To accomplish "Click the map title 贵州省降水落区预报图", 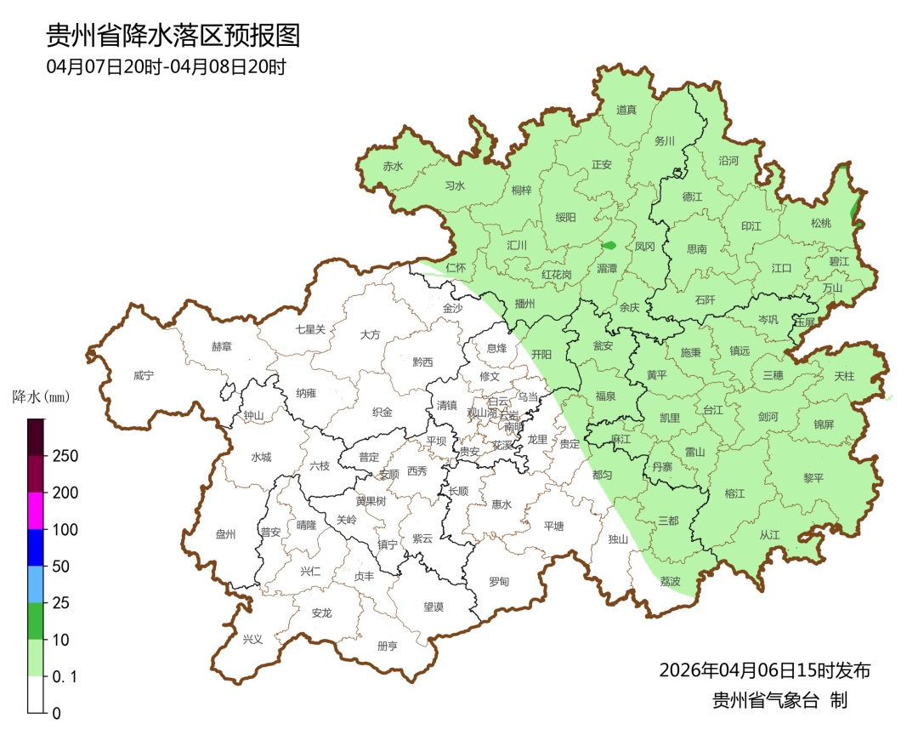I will pyautogui.click(x=173, y=36).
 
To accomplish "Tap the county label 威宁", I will pyautogui.click(x=144, y=375).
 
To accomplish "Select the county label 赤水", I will pyautogui.click(x=393, y=167).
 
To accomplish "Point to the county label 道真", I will pyautogui.click(x=626, y=110).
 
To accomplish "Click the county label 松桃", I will pyautogui.click(x=820, y=223).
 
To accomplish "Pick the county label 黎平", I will pyautogui.click(x=813, y=478).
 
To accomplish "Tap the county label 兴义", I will pyautogui.click(x=253, y=639).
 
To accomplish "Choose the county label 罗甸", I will pyautogui.click(x=499, y=581).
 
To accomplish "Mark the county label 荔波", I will pyautogui.click(x=670, y=581).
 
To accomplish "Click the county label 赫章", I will pyautogui.click(x=221, y=346).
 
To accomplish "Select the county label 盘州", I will pyautogui.click(x=225, y=534).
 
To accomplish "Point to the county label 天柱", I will pyautogui.click(x=844, y=376).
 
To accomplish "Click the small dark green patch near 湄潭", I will pyautogui.click(x=609, y=246).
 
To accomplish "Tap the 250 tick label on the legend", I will pyautogui.click(x=65, y=456).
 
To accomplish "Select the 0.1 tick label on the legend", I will pyautogui.click(x=65, y=676).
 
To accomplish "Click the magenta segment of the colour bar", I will pyautogui.click(x=36, y=510).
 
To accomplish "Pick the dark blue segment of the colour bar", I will pyautogui.click(x=36, y=547).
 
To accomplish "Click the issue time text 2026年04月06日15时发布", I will pyautogui.click(x=764, y=670).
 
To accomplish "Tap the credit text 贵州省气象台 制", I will pyautogui.click(x=779, y=700).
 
